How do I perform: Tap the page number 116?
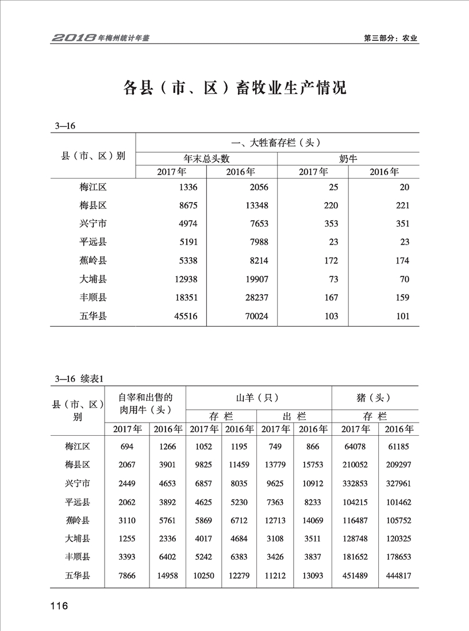59,606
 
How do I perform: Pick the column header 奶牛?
348,158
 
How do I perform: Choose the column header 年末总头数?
206,158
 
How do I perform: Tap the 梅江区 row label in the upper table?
93,187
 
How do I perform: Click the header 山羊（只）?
259,397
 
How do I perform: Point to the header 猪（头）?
374,397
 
